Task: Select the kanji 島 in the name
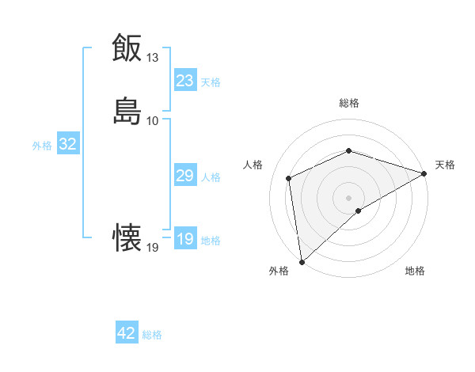pos(127,111)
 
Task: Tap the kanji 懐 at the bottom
pos(127,237)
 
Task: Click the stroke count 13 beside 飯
pos(153,58)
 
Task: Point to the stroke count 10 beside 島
pos(153,121)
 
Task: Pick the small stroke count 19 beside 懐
pos(153,248)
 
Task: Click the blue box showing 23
pos(185,81)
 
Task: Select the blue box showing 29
pos(185,176)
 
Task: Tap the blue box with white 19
pos(185,239)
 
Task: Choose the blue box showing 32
pos(68,144)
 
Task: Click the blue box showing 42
pos(127,333)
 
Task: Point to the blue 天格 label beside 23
pos(211,82)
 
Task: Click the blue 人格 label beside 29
pos(211,177)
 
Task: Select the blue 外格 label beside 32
pos(42,146)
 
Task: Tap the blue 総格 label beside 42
pos(152,335)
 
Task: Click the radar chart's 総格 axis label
pos(349,103)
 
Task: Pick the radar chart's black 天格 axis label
pos(445,165)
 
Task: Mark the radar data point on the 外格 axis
pos(302,262)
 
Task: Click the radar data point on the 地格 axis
pos(359,211)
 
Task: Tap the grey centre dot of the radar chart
pos(349,197)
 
